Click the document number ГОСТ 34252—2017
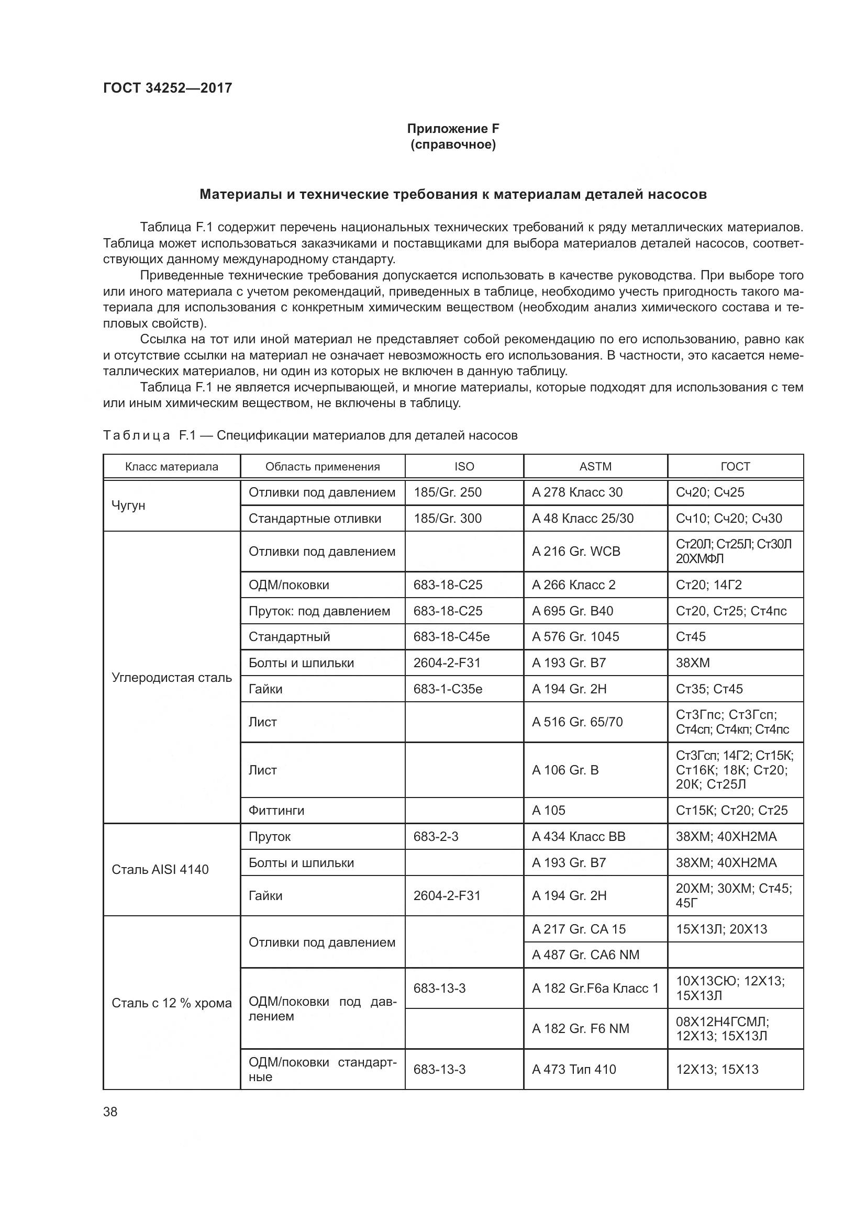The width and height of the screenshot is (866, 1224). tap(168, 88)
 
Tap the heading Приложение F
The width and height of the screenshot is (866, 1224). tap(453, 129)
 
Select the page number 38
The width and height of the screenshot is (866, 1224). tap(110, 1111)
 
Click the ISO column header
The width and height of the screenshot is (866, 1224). tap(464, 466)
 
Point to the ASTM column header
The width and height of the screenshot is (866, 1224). tap(595, 466)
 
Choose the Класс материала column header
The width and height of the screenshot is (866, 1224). tap(172, 466)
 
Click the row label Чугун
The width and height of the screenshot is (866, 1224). tap(128, 505)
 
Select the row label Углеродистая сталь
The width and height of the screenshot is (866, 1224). tap(172, 678)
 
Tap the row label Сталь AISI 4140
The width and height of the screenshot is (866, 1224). tap(160, 869)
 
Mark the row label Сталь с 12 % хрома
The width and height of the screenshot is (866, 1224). tap(172, 1003)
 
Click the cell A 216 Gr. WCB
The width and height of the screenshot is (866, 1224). tap(576, 551)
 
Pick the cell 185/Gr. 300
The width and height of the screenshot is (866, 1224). tap(447, 518)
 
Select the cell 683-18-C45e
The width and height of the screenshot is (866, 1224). tap(451, 636)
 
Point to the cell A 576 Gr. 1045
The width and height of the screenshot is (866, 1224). tap(575, 636)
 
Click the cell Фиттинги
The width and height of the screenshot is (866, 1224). tap(276, 810)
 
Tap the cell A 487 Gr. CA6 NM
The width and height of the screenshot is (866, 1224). tap(585, 955)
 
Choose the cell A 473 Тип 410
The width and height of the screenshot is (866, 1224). tap(574, 1069)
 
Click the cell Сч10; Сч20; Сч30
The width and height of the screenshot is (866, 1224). tap(729, 518)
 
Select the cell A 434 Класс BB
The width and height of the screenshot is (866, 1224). tap(579, 836)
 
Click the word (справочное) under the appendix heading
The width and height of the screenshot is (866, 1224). tap(453, 144)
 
